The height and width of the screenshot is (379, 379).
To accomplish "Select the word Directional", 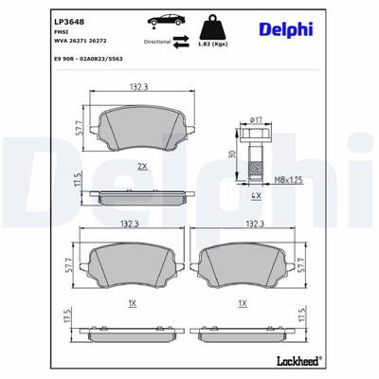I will pyautogui.click(x=157, y=43).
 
